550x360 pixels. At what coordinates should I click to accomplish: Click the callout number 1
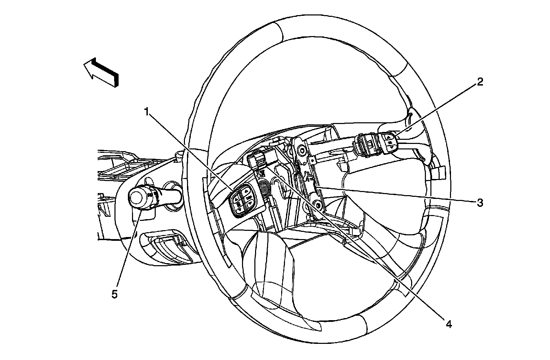click(x=147, y=112)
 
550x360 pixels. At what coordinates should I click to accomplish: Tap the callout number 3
click(x=480, y=203)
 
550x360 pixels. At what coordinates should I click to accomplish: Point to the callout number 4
click(x=448, y=324)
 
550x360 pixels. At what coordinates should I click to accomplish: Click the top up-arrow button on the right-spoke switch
click(x=389, y=137)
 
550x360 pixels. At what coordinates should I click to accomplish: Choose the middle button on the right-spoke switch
click(x=390, y=142)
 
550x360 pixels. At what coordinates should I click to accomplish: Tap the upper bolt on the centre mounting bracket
click(x=302, y=150)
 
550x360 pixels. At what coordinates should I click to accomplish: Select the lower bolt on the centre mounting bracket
click(x=318, y=205)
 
